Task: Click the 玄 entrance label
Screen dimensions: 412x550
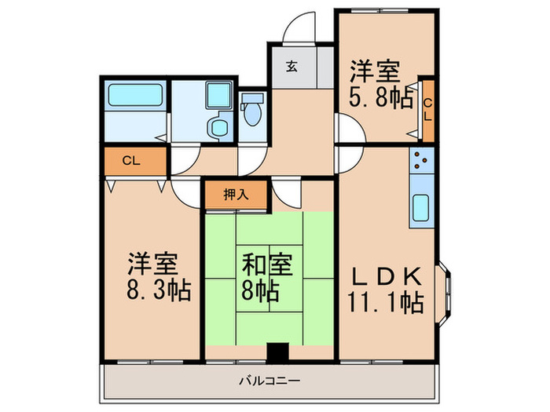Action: pyautogui.click(x=291, y=67)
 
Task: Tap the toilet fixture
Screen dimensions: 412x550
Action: pyautogui.click(x=252, y=111)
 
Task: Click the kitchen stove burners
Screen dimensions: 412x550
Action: pyautogui.click(x=420, y=162)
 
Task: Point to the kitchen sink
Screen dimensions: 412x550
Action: pyautogui.click(x=421, y=207)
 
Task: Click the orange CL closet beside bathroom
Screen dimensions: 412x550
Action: pyautogui.click(x=133, y=162)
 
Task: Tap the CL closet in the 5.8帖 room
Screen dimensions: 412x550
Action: pyautogui.click(x=427, y=108)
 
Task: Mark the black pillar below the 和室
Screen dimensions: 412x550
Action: pyautogui.click(x=275, y=353)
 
